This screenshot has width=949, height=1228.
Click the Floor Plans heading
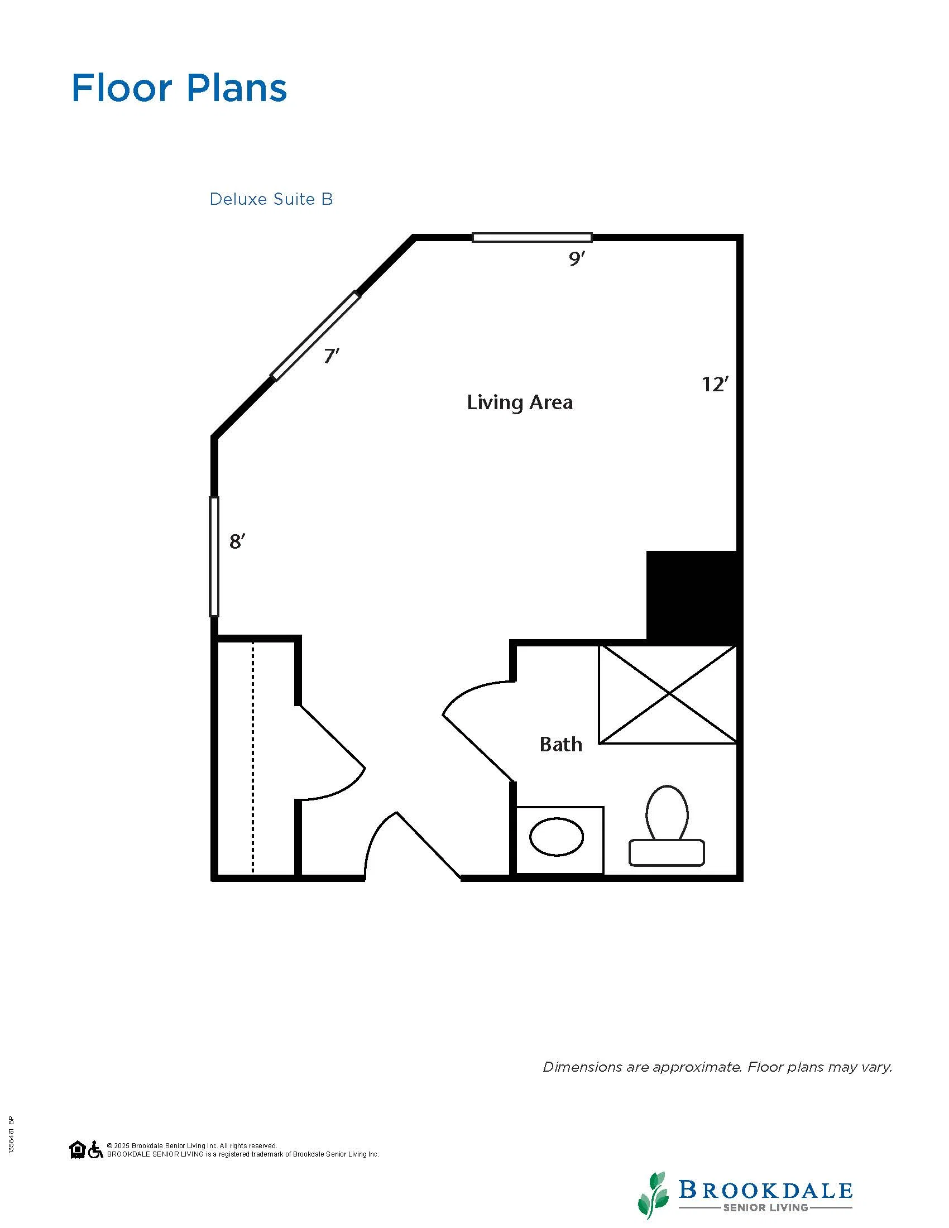[179, 88]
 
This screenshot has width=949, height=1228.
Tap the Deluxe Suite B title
[271, 199]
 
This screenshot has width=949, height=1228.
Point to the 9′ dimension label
[577, 258]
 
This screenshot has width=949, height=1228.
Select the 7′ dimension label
[332, 356]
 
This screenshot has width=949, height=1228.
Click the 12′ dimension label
[715, 384]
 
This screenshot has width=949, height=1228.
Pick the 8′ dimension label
[237, 541]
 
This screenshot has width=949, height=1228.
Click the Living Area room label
[520, 402]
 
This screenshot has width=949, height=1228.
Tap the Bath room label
[560, 745]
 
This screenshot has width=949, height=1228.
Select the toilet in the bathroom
[667, 826]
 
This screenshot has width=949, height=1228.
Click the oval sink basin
[557, 837]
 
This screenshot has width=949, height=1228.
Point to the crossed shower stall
[668, 694]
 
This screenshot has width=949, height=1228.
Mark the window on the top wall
[532, 237]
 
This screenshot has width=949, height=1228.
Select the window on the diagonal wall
[315, 335]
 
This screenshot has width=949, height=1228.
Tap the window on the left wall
[214, 557]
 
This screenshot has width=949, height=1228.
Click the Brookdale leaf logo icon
[653, 1195]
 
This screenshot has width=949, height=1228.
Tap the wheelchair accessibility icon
[95, 1149]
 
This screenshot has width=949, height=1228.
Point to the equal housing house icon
[78, 1149]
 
